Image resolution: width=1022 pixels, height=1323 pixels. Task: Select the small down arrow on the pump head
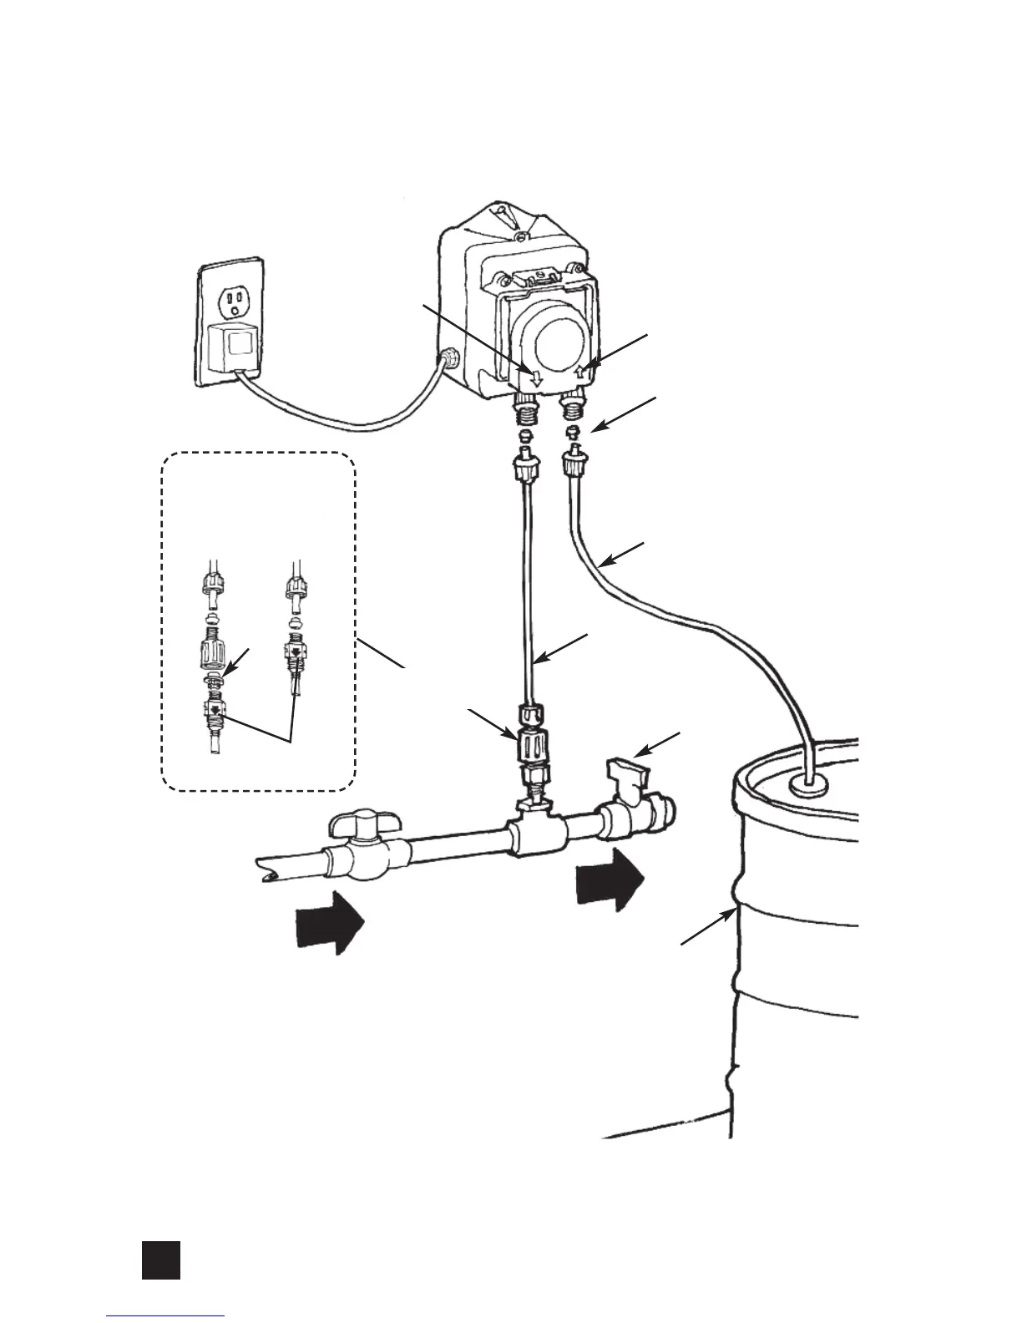pos(536,378)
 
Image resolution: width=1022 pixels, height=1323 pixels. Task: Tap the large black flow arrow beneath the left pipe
pos(331,920)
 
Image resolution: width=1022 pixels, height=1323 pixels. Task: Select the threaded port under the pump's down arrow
pos(525,412)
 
